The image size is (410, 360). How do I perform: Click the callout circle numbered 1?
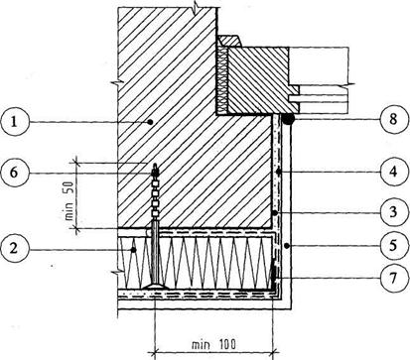pos(14,122)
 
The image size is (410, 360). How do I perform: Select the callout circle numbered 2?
pos(14,248)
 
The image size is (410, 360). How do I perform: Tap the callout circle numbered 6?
pos(14,173)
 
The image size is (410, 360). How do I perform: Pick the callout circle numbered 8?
pos(393,119)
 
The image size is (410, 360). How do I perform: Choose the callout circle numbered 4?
pos(393,172)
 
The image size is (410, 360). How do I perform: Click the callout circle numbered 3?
pos(393,211)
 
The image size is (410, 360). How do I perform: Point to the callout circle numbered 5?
pos(393,246)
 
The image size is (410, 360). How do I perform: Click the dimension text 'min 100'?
pos(213,344)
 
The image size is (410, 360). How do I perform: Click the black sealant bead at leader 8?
pos(289,119)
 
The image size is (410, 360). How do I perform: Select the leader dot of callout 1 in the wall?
pos(150,122)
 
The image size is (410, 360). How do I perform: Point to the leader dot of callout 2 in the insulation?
pos(134,250)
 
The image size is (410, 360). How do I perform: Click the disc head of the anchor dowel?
pos(155,286)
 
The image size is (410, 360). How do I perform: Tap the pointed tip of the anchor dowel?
pos(155,164)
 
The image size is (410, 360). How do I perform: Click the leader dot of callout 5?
pos(287,245)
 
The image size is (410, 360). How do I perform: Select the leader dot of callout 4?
pos(279,172)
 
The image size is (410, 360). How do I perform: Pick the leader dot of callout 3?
pos(275,213)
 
